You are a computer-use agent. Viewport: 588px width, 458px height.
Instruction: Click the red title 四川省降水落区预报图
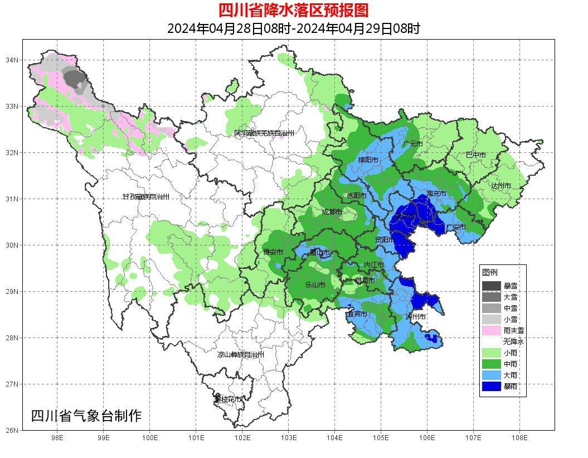293,10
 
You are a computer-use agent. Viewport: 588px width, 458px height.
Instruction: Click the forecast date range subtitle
293,28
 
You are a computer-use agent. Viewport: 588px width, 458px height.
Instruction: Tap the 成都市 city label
332,212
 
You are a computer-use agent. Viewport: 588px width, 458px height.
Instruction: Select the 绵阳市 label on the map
368,160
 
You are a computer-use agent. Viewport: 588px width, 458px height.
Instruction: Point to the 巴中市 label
475,155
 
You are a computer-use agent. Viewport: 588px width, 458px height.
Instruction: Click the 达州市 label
500,185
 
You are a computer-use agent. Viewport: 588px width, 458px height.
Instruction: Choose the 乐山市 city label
315,285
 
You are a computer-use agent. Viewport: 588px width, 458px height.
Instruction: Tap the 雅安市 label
273,253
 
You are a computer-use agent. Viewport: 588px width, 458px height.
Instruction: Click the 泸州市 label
416,316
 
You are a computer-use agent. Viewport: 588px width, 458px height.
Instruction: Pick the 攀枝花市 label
228,399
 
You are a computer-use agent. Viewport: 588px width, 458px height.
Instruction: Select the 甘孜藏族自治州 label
145,197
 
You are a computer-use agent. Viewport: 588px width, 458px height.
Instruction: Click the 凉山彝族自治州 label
240,355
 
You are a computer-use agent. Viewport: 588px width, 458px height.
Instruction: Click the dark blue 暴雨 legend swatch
492,386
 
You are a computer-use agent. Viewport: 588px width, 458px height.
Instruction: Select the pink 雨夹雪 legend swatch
492,330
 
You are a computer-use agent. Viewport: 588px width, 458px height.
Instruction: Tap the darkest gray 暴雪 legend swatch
492,286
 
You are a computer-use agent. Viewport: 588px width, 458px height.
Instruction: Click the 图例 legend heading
490,272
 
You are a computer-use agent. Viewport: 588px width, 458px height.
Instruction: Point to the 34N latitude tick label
12,60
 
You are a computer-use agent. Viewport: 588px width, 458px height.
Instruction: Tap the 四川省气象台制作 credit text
86,416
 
